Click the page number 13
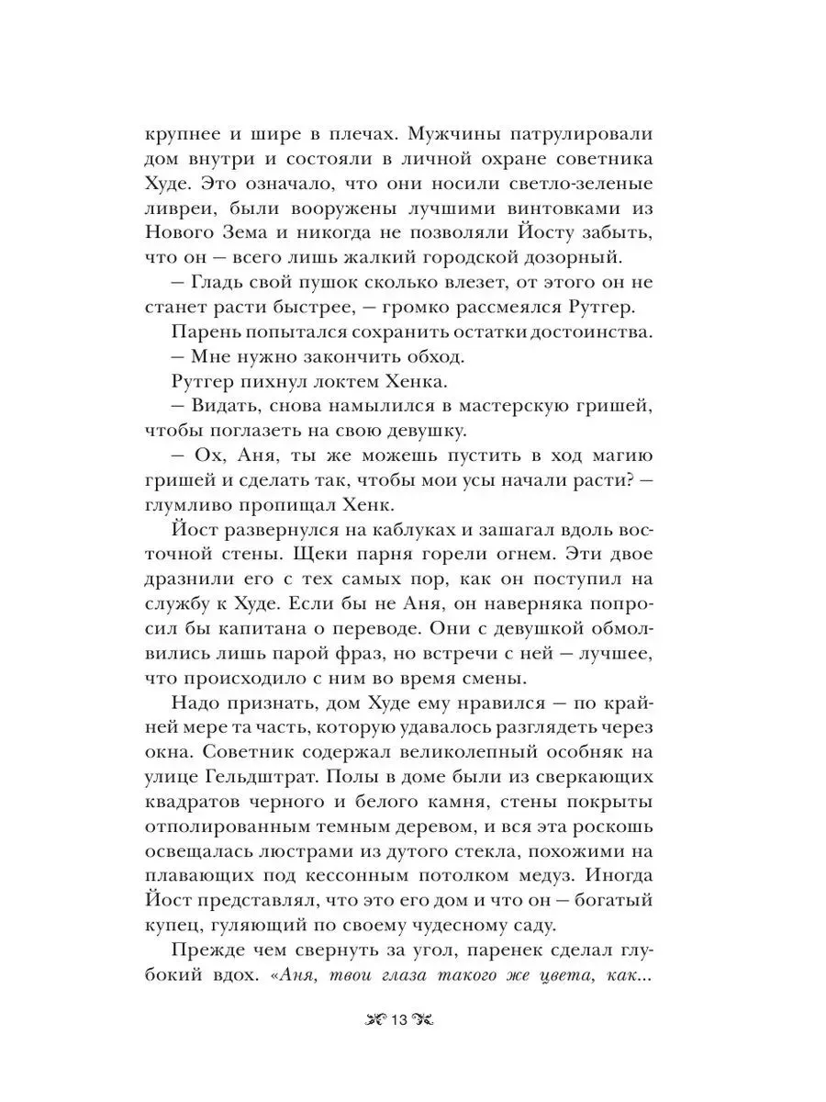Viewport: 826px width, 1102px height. pos(399,1021)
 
